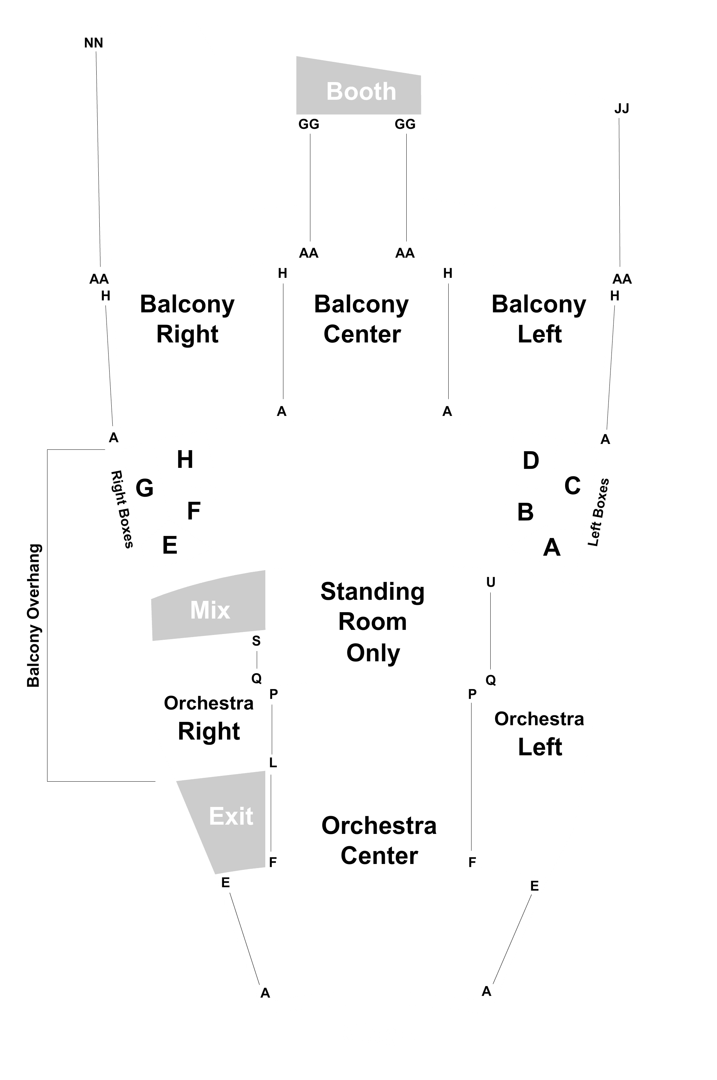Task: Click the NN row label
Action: tap(94, 43)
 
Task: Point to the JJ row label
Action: tap(621, 108)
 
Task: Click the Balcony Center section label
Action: tap(361, 319)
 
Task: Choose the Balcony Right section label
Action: tap(187, 319)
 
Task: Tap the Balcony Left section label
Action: tap(539, 319)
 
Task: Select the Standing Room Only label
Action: tap(373, 622)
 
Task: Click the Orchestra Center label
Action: tap(379, 841)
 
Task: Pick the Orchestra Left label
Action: tap(539, 733)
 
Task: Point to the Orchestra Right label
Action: tap(209, 718)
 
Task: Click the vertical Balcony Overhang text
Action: tap(33, 616)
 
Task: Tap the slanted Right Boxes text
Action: tap(122, 509)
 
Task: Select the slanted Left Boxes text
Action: tap(599, 512)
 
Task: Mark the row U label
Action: tap(491, 582)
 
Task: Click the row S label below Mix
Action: tap(256, 641)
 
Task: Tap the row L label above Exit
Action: tap(273, 763)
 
